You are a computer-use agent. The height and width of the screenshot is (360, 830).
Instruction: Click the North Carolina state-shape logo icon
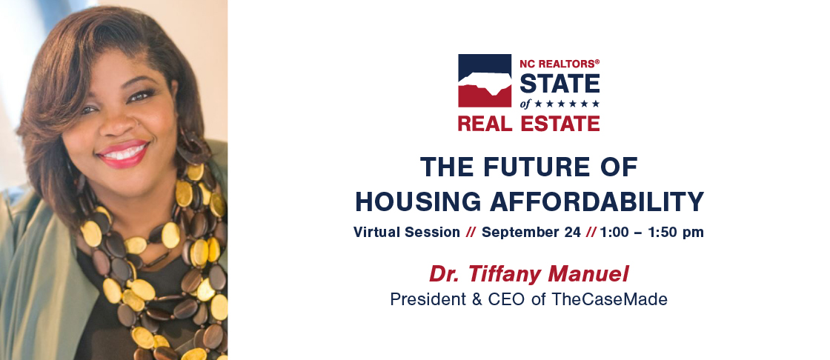(485, 81)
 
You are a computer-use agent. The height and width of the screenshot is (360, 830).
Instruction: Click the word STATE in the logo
(560, 84)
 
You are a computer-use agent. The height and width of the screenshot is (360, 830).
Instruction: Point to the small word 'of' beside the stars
(525, 104)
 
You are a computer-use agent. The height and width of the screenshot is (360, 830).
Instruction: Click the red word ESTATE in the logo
(560, 124)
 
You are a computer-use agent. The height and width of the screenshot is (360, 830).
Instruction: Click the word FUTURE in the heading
(531, 167)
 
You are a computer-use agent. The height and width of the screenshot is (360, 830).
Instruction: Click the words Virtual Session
(407, 233)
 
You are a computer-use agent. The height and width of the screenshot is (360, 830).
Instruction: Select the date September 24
(531, 233)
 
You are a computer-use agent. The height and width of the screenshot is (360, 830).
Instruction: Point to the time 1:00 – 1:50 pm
(652, 233)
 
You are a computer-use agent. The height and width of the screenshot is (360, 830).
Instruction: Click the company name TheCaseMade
(609, 300)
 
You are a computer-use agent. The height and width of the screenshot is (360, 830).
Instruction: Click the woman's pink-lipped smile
(123, 154)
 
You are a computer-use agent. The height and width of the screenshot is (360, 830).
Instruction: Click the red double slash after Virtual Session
(471, 233)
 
